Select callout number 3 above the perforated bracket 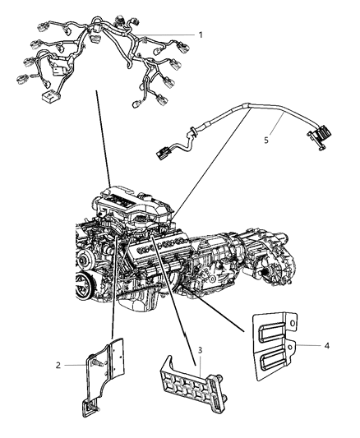click(200, 352)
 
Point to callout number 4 click(328, 346)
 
